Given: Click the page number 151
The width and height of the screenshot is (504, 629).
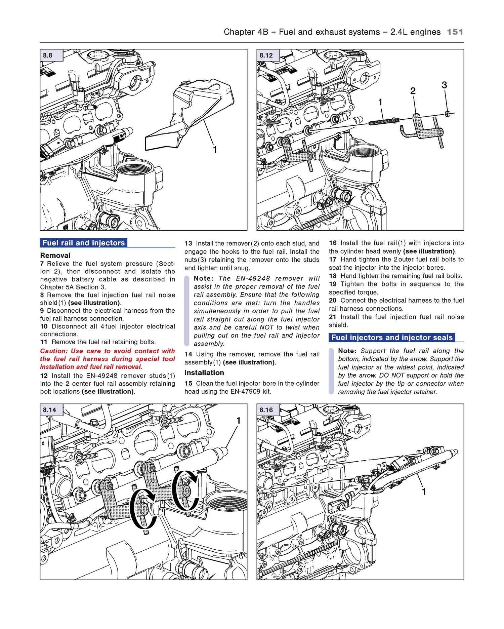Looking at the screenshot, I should [x=455, y=32].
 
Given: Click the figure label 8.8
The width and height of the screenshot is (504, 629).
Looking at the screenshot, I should [x=48, y=55].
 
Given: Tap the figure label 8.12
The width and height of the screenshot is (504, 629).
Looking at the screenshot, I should [x=266, y=55].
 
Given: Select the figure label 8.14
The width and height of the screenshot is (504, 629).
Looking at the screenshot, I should [x=49, y=410].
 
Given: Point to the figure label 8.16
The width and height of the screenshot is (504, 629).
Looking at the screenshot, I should [x=266, y=410].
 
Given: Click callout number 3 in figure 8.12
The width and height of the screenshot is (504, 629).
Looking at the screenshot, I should [x=444, y=85].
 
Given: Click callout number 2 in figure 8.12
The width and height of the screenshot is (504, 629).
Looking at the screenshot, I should [x=413, y=91].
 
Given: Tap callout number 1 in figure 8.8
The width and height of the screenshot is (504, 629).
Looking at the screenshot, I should [x=215, y=150].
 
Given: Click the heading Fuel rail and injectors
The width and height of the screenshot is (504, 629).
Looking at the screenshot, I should [x=83, y=243].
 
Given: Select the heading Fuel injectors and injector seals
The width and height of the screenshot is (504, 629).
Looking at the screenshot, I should [x=392, y=338].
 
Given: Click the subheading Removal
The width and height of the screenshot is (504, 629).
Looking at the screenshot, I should [x=55, y=255].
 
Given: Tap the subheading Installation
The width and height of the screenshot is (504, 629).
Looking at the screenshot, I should [x=204, y=372].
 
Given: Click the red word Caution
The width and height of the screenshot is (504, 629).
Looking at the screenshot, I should [x=53, y=351].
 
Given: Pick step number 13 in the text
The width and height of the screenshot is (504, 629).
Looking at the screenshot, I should [x=188, y=243].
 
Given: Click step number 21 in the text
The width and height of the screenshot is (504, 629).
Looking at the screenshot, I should [x=332, y=317].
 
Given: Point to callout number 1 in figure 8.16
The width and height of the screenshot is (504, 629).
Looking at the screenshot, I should [x=424, y=492].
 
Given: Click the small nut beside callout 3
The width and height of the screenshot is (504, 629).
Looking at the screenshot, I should [x=448, y=114].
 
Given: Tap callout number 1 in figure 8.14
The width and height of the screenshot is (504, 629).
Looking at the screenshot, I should [x=238, y=421].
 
